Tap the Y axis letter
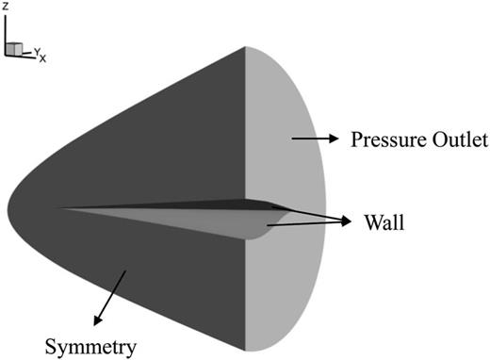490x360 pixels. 37,53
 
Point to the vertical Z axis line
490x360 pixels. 7,33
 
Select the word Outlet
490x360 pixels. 455,141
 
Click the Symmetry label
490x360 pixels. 95,345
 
